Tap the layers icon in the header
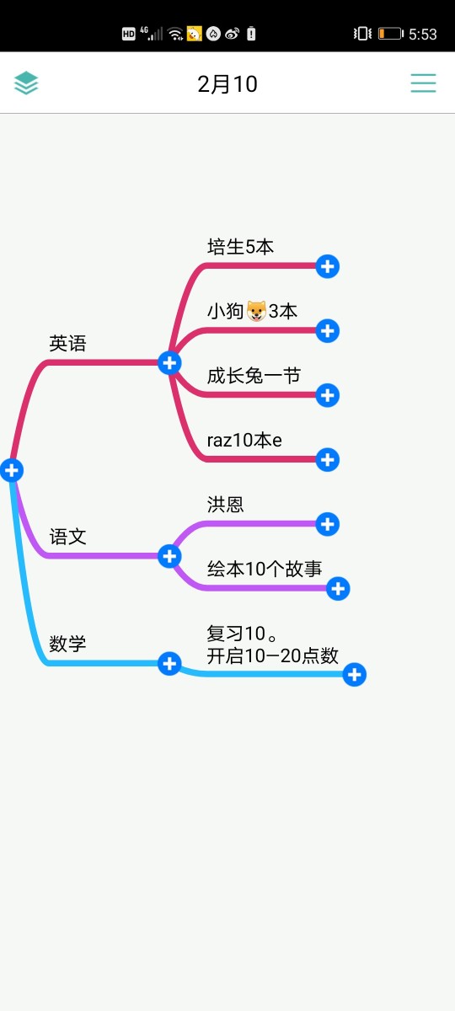(26, 83)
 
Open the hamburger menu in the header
(423, 83)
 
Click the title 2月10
(227, 84)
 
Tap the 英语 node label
(67, 344)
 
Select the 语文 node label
(67, 537)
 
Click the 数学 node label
(67, 644)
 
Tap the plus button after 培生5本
(327, 266)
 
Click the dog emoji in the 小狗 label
(256, 311)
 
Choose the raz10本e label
(244, 440)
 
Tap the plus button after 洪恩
(327, 524)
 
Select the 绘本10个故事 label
(265, 569)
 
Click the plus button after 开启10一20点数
(355, 674)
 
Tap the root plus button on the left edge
(12, 470)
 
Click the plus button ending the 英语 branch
(169, 363)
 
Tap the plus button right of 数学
(169, 664)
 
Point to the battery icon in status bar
(390, 34)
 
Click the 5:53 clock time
(423, 35)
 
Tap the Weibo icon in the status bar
(232, 34)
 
